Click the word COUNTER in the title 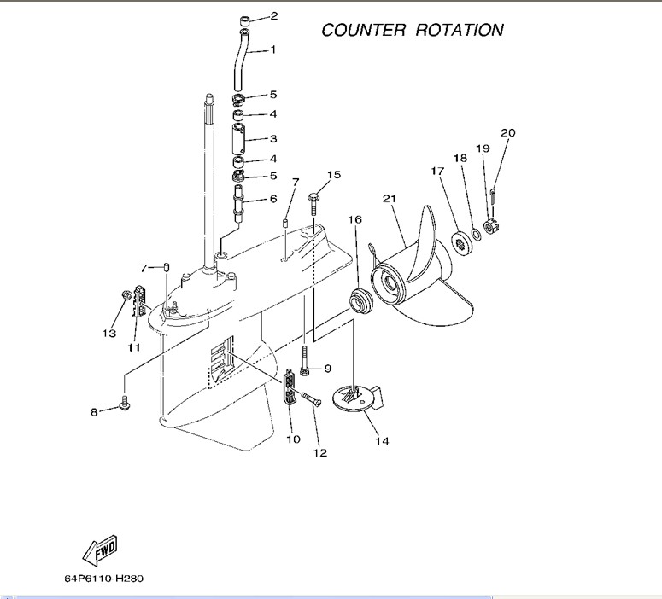pos(363,30)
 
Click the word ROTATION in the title pos(460,30)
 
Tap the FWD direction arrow pos(99,550)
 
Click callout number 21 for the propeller pos(390,199)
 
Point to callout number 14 pos(382,441)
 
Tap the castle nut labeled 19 pos(491,227)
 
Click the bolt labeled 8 pos(125,404)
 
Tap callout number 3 pos(273,138)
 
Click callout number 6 pos(273,199)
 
